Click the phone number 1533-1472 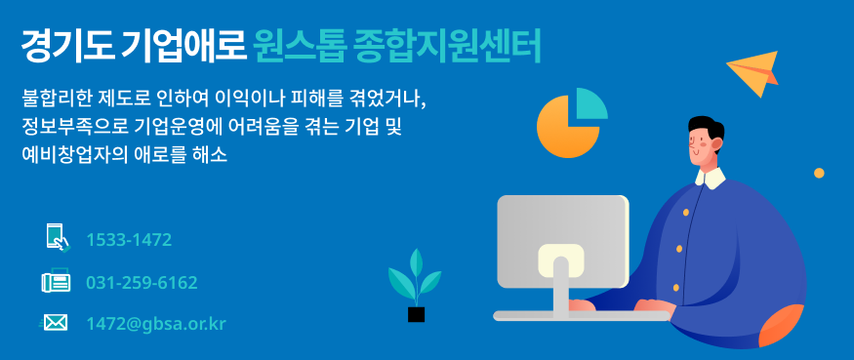(129, 240)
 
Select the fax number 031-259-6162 (142, 283)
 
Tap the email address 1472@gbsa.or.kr (156, 324)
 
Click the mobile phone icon (58, 238)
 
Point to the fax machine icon (56, 280)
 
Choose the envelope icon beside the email (54, 324)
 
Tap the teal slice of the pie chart (590, 105)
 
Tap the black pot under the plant (416, 314)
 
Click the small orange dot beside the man (819, 174)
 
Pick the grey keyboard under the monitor (582, 316)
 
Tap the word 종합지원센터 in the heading (447, 45)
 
